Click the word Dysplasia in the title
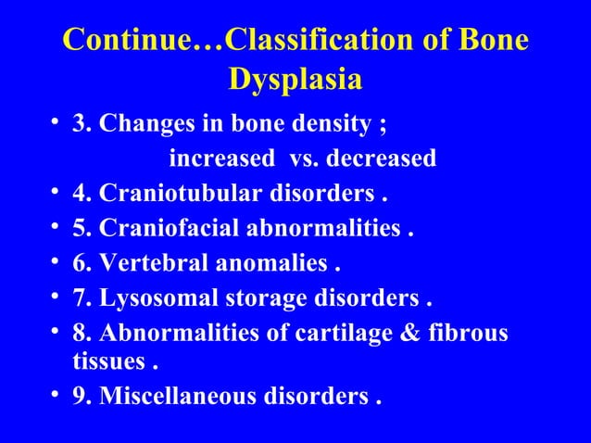[x=295, y=81]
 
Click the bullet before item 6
[x=57, y=266]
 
